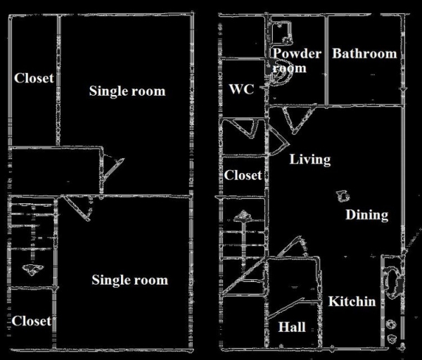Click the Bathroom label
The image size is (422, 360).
(364, 53)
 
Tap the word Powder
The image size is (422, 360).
(297, 53)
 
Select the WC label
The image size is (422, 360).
(241, 89)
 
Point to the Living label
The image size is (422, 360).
(309, 160)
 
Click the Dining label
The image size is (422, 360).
(367, 214)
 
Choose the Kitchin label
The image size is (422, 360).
(352, 302)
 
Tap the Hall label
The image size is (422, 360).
(292, 327)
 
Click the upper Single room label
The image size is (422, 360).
(127, 91)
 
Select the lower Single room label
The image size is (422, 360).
(130, 280)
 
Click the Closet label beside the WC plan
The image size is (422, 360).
(243, 175)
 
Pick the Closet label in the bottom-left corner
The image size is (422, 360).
(32, 321)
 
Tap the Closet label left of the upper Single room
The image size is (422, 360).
(34, 78)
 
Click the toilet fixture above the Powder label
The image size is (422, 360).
(282, 32)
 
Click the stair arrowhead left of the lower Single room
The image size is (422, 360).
(32, 269)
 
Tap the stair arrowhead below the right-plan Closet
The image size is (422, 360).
(243, 216)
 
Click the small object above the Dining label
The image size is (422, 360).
(343, 196)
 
